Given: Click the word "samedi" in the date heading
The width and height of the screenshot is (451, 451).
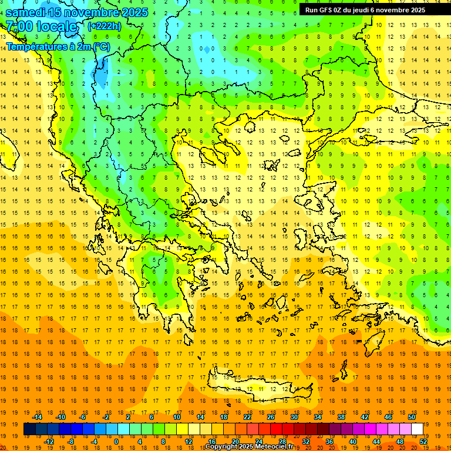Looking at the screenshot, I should [x=26, y=12].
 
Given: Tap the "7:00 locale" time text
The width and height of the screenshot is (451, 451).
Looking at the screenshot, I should [x=41, y=26].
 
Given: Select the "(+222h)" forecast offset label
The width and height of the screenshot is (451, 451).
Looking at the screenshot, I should [x=105, y=26].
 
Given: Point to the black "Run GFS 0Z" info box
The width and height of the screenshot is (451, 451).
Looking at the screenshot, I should [x=370, y=9].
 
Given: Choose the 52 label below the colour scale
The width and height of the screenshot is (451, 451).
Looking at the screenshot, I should [x=423, y=442].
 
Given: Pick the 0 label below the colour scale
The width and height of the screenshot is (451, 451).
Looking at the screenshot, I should [x=116, y=442].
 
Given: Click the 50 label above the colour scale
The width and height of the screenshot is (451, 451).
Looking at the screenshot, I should [x=412, y=417].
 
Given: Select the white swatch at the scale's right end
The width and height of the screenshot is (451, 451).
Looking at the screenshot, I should [x=418, y=429].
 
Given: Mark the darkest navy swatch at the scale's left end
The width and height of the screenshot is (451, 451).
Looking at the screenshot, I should [x=30, y=429].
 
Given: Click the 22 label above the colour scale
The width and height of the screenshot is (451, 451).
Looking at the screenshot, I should [x=247, y=417].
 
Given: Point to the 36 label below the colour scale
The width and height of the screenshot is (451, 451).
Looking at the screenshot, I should [x=329, y=442].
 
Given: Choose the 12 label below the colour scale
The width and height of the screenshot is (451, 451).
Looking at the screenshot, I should [x=189, y=442].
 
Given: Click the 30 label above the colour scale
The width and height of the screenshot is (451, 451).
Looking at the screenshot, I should [x=294, y=417].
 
